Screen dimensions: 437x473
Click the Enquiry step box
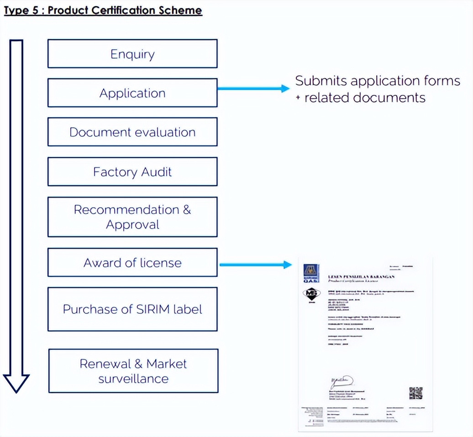point(132,54)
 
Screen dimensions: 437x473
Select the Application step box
point(132,93)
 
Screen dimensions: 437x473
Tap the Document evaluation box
point(132,132)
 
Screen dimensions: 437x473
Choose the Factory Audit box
point(132,172)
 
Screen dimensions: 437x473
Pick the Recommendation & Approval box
point(132,217)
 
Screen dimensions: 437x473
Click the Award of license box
point(132,263)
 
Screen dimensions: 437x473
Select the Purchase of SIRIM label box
point(132,309)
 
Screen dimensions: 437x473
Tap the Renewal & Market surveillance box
point(133,371)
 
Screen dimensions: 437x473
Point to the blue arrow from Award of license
point(256,265)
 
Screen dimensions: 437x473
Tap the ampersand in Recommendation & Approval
point(187,210)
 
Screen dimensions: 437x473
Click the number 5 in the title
point(37,10)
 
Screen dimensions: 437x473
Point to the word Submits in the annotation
point(318,81)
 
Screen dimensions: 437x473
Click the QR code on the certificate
point(415,393)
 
